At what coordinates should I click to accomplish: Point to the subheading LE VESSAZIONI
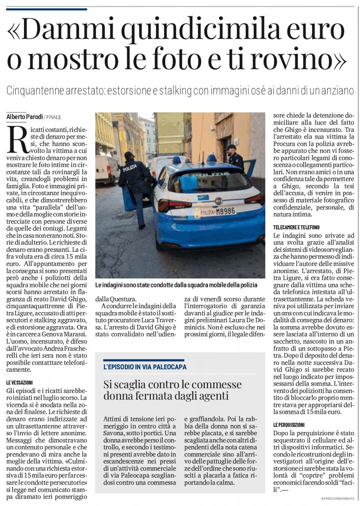pyautogui.click(x=20, y=382)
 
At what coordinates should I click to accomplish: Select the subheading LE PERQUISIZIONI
pyautogui.click(x=289, y=424)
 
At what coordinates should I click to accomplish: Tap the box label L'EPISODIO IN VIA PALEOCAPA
pyautogui.click(x=145, y=367)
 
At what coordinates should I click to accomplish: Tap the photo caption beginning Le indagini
pyautogui.click(x=176, y=285)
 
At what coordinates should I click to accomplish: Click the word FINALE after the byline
pyautogui.click(x=54, y=117)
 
